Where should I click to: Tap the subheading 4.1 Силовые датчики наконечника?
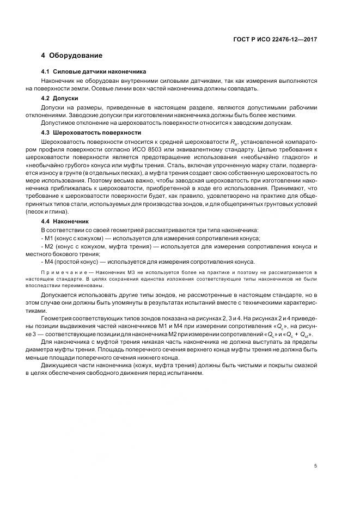94,72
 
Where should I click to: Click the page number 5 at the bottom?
315,465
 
